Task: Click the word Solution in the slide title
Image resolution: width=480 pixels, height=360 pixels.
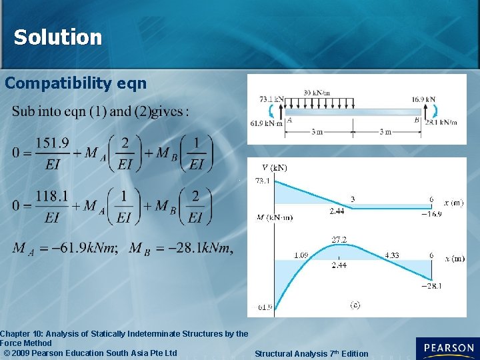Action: (58, 37)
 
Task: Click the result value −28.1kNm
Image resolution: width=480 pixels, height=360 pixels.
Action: (201, 249)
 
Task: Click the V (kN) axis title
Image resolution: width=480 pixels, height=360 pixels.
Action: (274, 168)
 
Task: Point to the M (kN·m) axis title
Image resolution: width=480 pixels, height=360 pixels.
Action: (273, 217)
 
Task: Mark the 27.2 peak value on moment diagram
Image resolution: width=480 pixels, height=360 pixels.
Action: (339, 239)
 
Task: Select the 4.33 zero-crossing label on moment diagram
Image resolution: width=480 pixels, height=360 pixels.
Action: (392, 255)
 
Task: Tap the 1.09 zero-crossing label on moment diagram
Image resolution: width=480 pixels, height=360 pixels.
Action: (301, 255)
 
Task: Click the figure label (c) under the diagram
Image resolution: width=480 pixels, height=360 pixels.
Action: (355, 305)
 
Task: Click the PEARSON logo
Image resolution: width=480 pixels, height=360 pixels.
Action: (447, 349)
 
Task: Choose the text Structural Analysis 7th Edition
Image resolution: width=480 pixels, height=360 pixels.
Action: (311, 353)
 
